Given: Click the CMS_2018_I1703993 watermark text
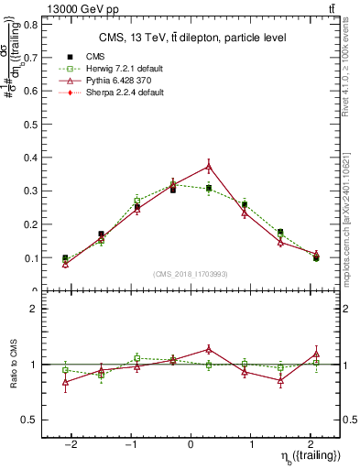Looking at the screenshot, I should tap(191, 274).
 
